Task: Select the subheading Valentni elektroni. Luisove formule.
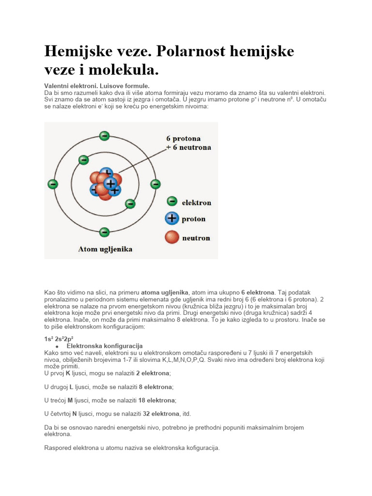tap(93, 86)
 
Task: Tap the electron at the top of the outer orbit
tap(104, 136)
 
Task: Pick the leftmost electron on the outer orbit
tap(53, 184)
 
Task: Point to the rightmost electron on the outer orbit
tap(155, 184)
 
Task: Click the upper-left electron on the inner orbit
tap(83, 159)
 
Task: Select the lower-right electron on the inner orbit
tap(130, 204)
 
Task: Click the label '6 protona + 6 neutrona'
tap(188, 143)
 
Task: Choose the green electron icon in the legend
tap(171, 201)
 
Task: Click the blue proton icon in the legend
tap(171, 218)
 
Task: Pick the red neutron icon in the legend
tap(171, 237)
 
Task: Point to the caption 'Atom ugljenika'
tap(105, 249)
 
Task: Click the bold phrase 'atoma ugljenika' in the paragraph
tap(164, 293)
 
